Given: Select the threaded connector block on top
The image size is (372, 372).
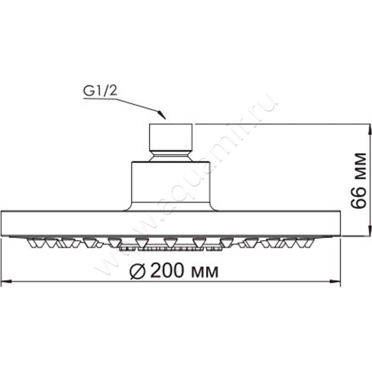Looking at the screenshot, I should point(171,135).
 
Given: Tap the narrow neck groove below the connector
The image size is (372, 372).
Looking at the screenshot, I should point(171,153).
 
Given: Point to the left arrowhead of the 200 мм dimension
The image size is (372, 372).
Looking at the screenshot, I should point(6,281).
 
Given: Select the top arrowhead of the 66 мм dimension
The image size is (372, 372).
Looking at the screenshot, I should point(368,128).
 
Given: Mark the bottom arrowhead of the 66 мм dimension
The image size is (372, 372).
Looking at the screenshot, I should point(368,233).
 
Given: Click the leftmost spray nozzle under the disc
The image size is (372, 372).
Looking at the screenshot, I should point(34,242).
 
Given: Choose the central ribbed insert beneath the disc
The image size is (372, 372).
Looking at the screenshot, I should point(171,248).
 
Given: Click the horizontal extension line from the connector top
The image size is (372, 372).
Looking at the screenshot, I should point(279,124).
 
